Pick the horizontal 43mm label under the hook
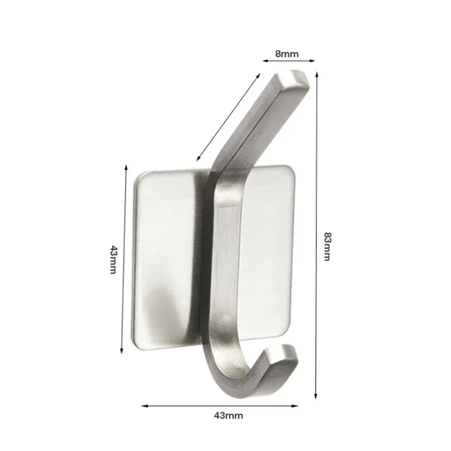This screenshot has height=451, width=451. (228, 416)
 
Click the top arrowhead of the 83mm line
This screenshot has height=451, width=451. (317, 73)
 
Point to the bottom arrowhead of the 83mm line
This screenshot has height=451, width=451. (317, 396)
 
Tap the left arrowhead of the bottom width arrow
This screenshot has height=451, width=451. (144, 405)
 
